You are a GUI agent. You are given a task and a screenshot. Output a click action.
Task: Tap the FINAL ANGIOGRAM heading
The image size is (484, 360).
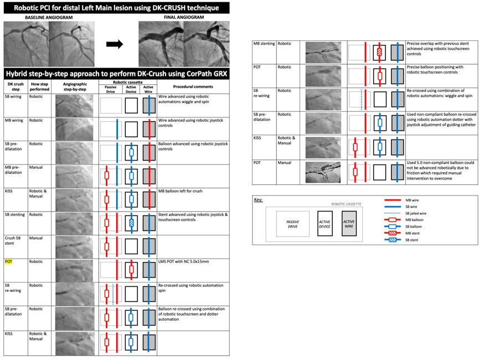(x=183, y=18)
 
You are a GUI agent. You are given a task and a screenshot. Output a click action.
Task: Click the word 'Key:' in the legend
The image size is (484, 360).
(x=259, y=199)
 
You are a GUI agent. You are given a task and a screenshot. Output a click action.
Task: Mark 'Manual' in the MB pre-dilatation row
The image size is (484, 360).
(x=37, y=167)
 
